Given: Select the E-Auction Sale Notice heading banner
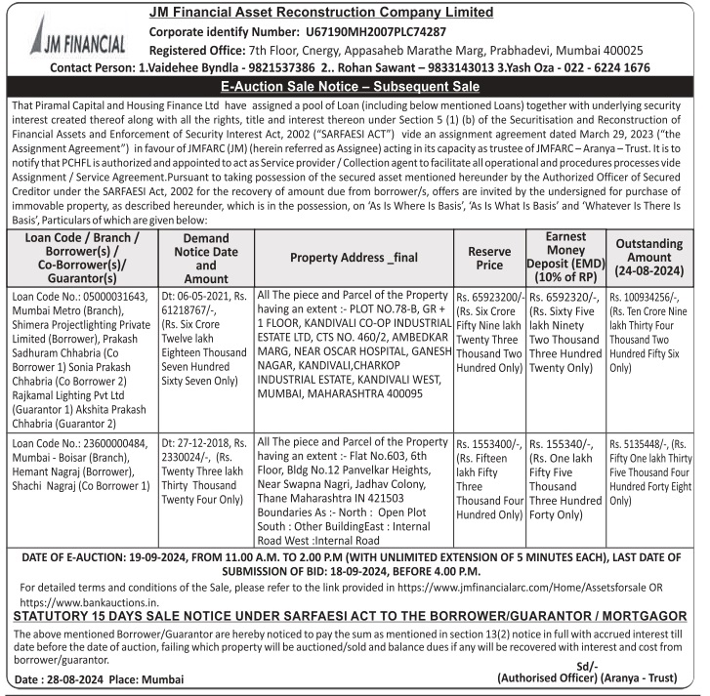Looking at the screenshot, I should pos(355,87).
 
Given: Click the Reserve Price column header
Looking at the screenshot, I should pos(489,258).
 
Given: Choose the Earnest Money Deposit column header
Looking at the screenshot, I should pos(564,258).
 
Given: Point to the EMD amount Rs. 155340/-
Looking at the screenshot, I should pos(563,442).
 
